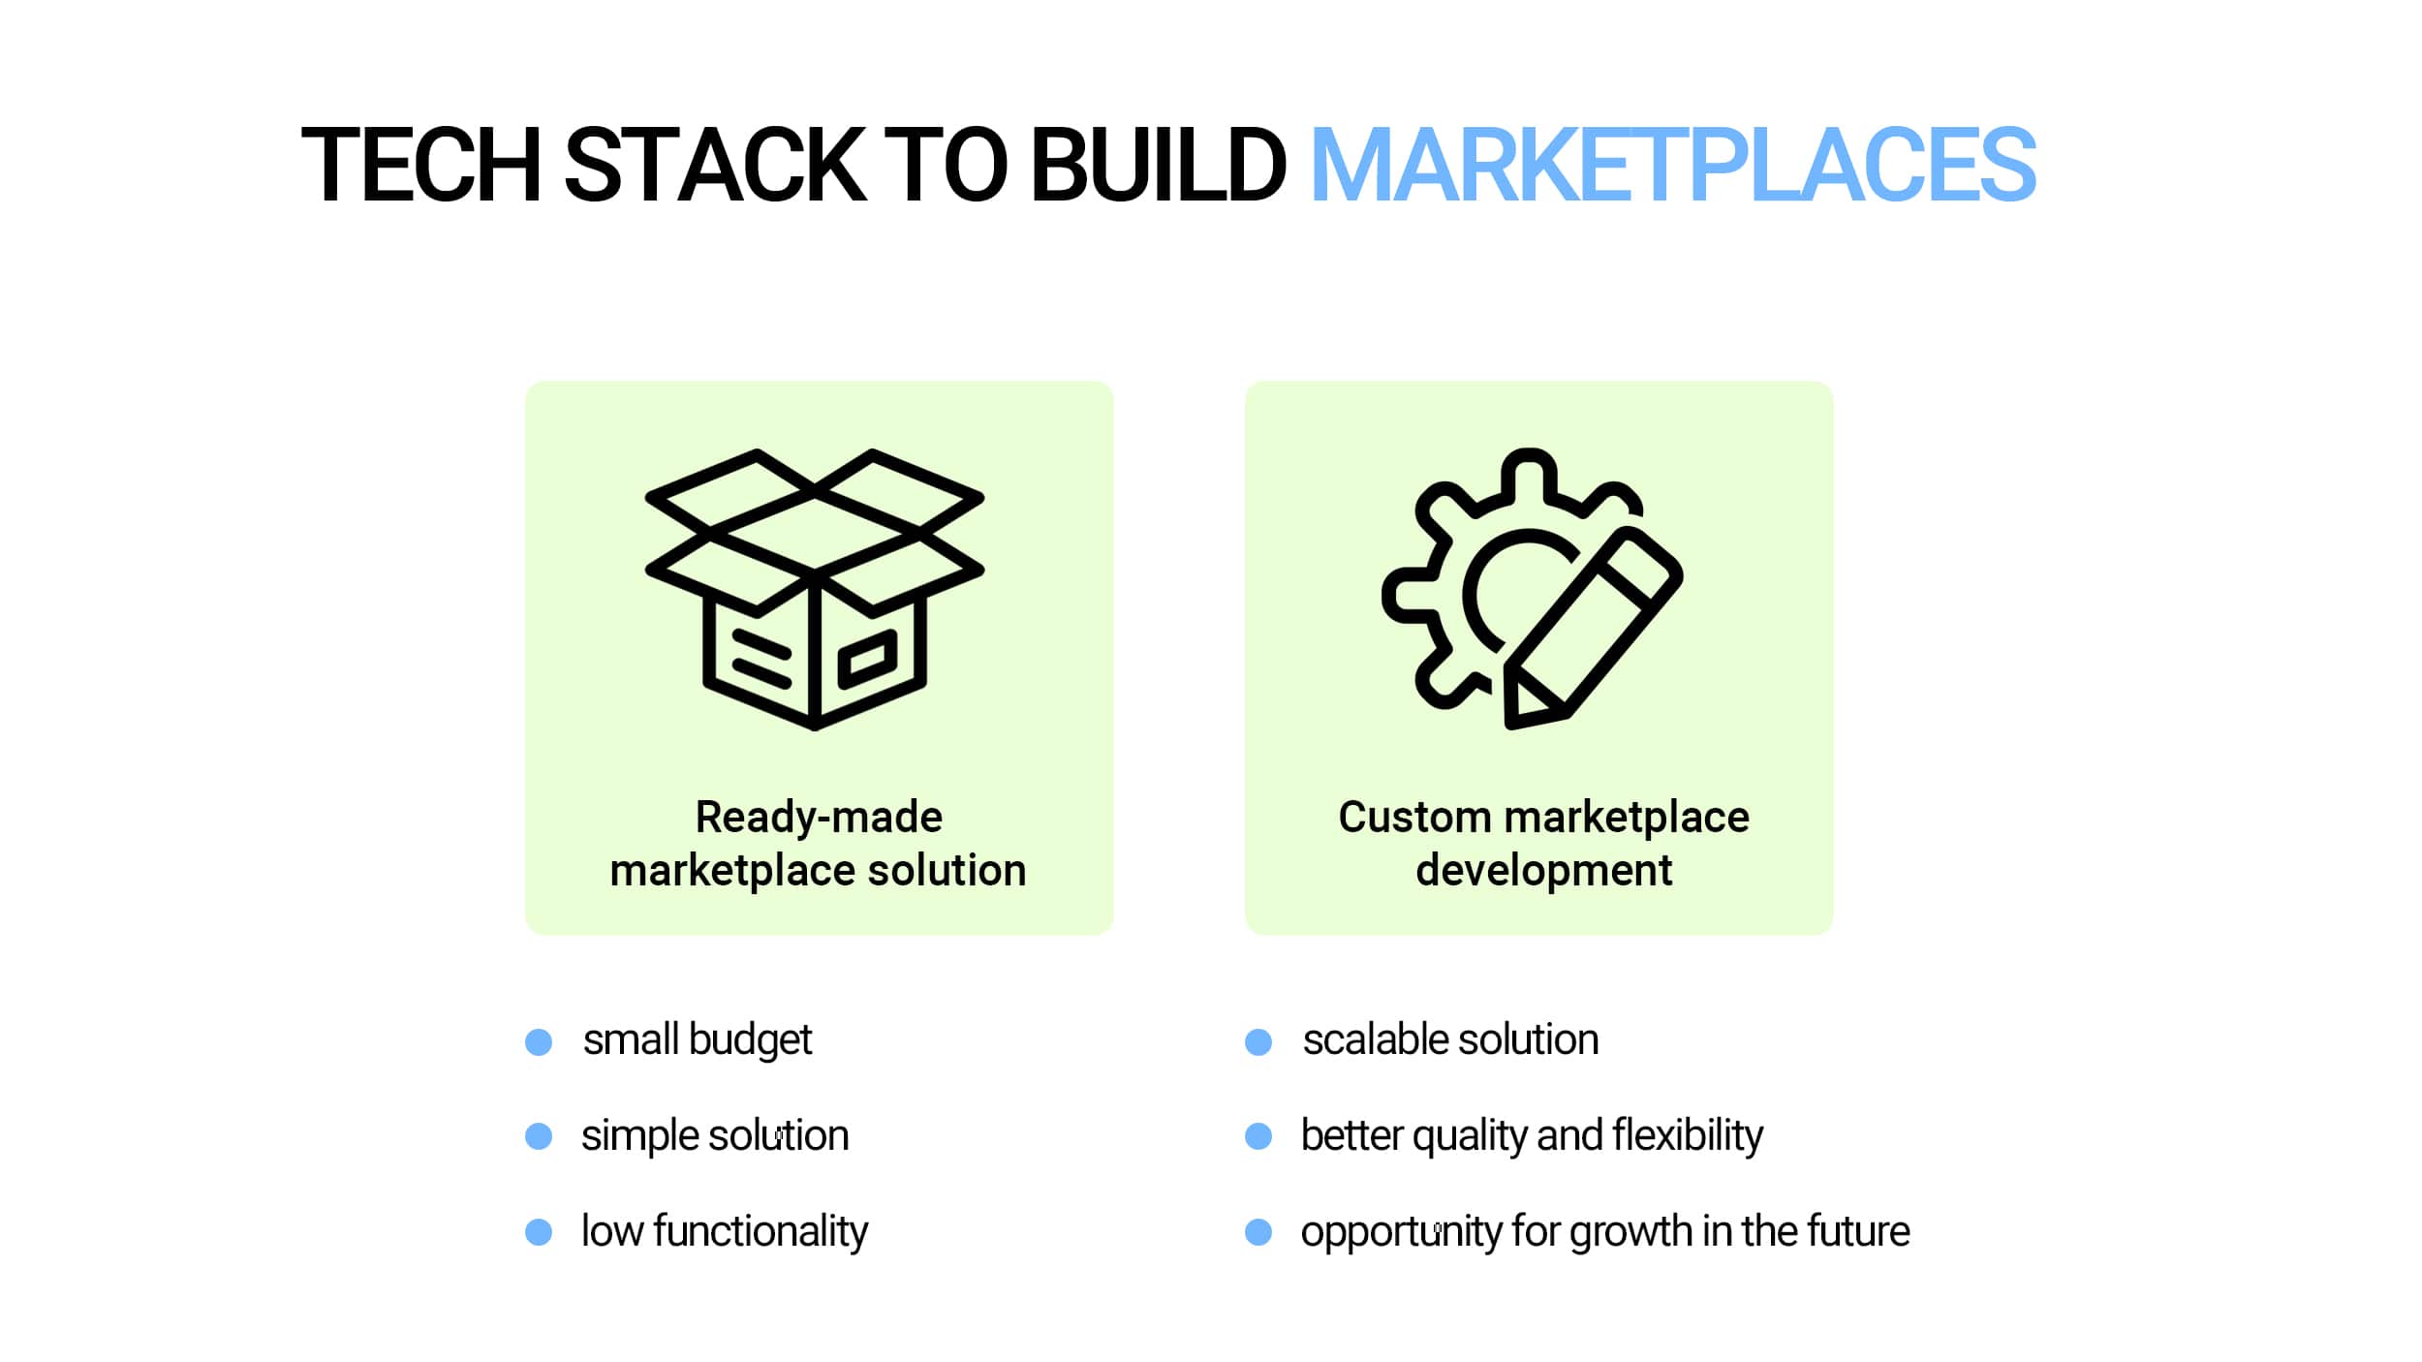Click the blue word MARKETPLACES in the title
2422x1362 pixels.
pos(1672,165)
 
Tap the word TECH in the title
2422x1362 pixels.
pos(420,165)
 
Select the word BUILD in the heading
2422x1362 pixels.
pos(1159,165)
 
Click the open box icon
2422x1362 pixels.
pos(815,589)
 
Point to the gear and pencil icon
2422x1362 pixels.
pos(1532,589)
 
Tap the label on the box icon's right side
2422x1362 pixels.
pos(868,659)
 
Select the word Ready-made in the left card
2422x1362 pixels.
pos(819,818)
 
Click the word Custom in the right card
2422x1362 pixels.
pos(1415,818)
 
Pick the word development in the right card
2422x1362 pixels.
pos(1544,871)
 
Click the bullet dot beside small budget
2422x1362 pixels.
pos(539,1042)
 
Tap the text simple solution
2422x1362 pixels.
pos(715,1136)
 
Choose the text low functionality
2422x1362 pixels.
pos(725,1232)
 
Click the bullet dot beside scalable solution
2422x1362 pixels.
pos(1258,1042)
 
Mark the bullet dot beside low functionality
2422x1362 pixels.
pos(539,1232)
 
